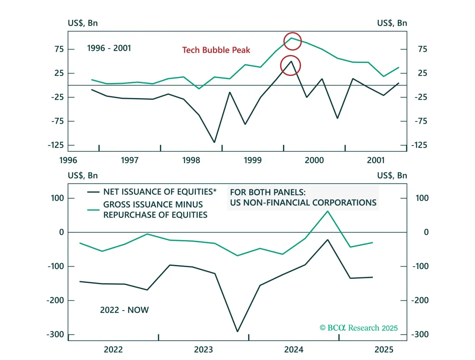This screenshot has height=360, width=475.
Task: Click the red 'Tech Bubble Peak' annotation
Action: (x=216, y=50)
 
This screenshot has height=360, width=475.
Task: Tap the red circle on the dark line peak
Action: (x=281, y=66)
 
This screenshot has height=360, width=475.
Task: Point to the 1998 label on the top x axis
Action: (x=191, y=160)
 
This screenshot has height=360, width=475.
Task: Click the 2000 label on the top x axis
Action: (x=314, y=160)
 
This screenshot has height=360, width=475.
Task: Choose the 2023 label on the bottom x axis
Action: (x=203, y=350)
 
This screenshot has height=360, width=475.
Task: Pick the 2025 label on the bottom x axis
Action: (x=384, y=350)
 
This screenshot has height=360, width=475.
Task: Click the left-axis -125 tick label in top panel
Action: (x=56, y=145)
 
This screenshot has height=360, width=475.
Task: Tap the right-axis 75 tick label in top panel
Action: (x=423, y=49)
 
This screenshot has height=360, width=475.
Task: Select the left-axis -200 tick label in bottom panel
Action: (x=55, y=300)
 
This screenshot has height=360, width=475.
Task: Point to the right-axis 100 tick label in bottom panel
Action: (x=422, y=198)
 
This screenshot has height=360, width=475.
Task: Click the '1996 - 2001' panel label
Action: (x=109, y=48)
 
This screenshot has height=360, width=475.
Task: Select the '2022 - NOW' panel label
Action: (x=124, y=310)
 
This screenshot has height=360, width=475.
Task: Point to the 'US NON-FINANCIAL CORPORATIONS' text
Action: (x=303, y=203)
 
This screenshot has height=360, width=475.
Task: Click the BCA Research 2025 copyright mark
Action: (x=359, y=328)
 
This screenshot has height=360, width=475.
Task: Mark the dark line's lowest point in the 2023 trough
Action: (x=237, y=331)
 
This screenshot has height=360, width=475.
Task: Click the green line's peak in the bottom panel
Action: (x=327, y=211)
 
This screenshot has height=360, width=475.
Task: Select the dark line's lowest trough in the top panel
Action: (x=214, y=142)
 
